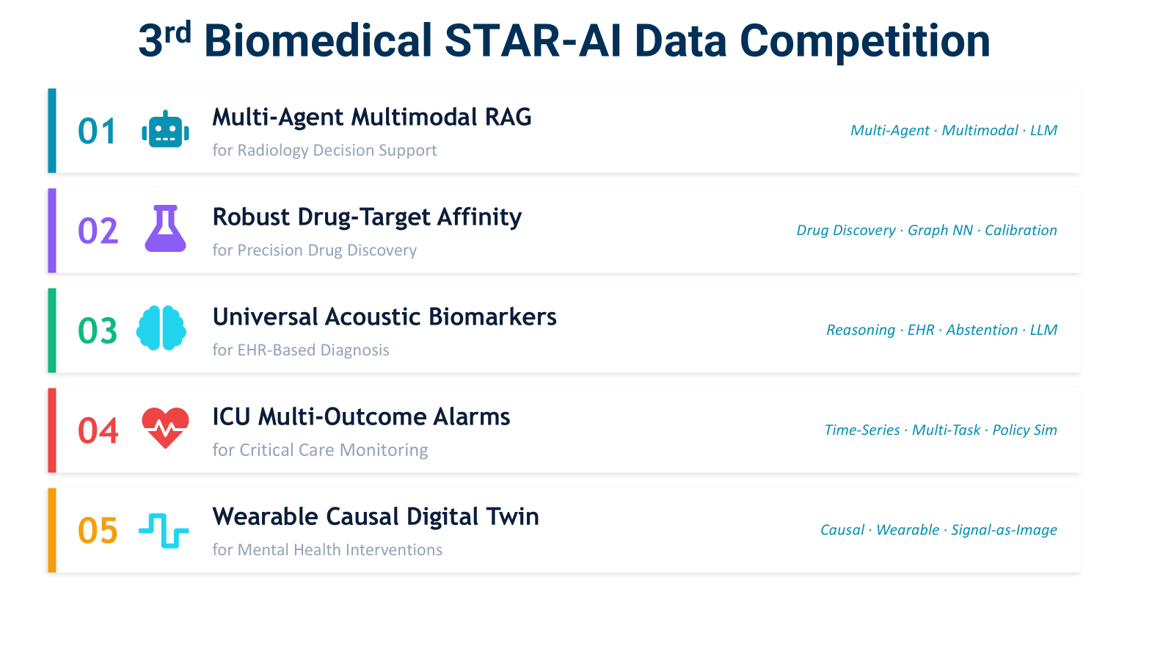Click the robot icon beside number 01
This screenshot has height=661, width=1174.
(x=165, y=129)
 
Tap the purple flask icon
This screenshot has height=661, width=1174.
(x=165, y=228)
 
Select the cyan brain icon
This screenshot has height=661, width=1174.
(x=161, y=328)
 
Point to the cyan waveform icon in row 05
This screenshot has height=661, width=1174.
(x=164, y=530)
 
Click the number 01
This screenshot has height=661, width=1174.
(x=97, y=131)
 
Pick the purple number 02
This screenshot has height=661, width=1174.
(x=98, y=231)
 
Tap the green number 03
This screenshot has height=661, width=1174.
(x=98, y=330)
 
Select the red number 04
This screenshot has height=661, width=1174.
(x=98, y=430)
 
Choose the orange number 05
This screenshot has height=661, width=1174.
(x=98, y=530)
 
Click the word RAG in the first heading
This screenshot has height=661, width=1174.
(x=508, y=117)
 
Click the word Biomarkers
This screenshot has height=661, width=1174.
(x=492, y=317)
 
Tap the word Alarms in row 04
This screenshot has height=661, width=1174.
(x=471, y=417)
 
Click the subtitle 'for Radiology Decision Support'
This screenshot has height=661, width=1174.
(x=324, y=151)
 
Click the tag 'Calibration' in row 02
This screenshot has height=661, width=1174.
(x=1021, y=231)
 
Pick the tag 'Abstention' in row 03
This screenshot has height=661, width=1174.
(x=982, y=330)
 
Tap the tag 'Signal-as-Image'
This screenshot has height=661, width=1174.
(x=1005, y=530)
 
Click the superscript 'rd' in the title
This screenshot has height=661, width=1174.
(x=177, y=32)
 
